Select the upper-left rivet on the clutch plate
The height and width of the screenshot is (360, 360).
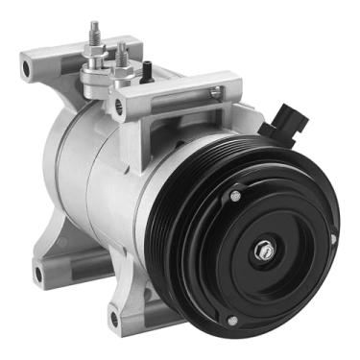pos(235,197)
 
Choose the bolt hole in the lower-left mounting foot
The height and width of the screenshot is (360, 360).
pos(39,275)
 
